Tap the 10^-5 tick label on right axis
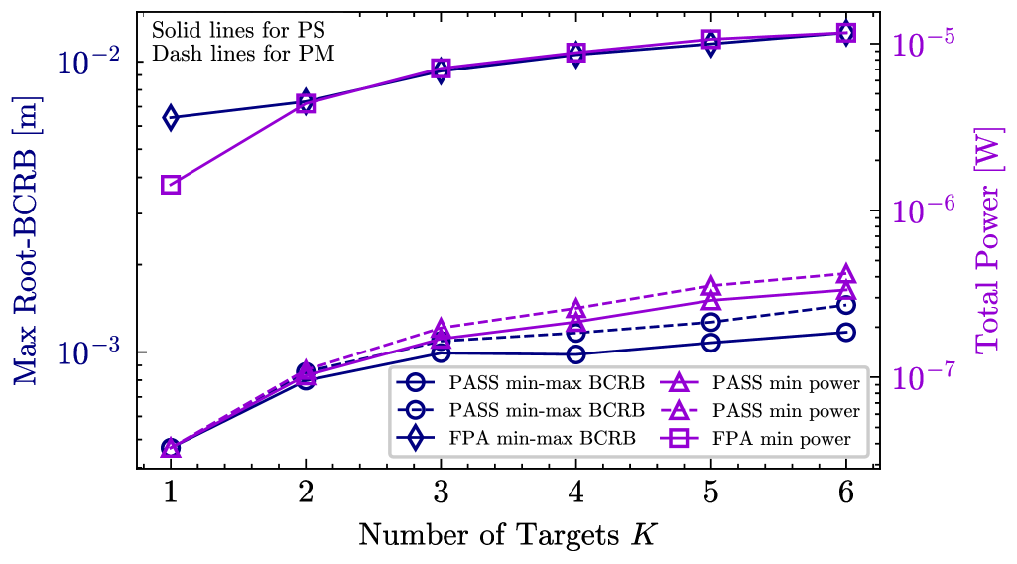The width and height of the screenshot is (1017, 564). click(924, 43)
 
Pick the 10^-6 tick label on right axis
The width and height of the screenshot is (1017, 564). click(924, 211)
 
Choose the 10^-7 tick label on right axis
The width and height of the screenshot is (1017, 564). click(924, 377)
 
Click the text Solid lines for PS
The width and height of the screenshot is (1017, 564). click(238, 30)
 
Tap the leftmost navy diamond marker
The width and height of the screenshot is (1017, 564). click(171, 117)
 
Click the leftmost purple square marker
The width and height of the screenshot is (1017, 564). click(171, 185)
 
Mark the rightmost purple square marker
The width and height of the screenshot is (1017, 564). click(846, 33)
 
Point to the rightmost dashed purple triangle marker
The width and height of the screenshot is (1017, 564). click(846, 274)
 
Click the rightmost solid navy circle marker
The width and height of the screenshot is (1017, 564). click(846, 332)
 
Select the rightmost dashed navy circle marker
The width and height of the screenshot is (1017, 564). click(846, 305)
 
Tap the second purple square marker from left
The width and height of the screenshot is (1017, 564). click(306, 102)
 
